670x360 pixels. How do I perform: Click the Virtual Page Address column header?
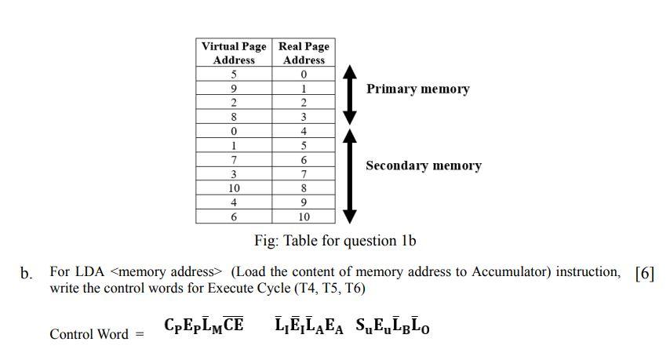[234, 53]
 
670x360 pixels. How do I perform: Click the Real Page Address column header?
[304, 53]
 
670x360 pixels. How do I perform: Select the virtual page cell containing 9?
[234, 89]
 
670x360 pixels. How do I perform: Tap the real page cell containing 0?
[304, 75]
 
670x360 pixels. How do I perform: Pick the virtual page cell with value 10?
[234, 188]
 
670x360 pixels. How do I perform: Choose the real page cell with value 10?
[304, 217]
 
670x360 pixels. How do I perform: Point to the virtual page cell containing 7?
[234, 160]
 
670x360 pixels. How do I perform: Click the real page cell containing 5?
[304, 146]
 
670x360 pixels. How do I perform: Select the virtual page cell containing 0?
[234, 132]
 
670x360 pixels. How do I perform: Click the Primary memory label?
[417, 89]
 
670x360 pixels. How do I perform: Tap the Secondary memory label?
[423, 166]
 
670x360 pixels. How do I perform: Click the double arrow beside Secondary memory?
[351, 176]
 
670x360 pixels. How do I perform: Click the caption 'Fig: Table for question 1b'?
[334, 241]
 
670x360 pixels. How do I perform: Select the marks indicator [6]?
[643, 273]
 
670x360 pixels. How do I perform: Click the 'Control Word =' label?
[97, 334]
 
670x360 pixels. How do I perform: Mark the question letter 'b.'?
[27, 274]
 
